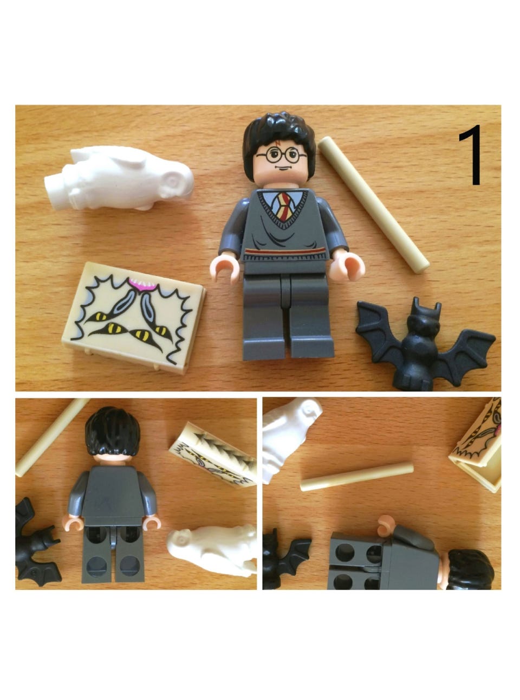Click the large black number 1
471,155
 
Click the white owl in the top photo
119,178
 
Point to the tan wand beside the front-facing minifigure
374,204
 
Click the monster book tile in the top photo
134,317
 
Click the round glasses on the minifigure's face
281,155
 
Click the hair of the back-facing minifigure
112,432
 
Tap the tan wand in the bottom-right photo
356,477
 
